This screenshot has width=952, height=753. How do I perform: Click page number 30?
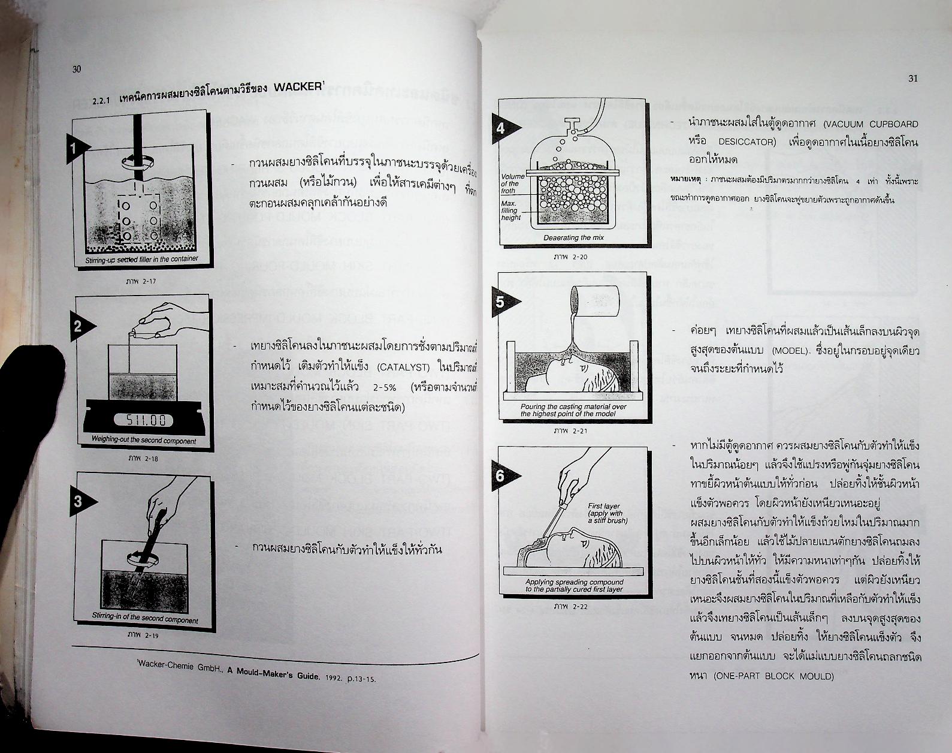pyautogui.click(x=77, y=69)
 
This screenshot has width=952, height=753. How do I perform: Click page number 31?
pyautogui.click(x=913, y=79)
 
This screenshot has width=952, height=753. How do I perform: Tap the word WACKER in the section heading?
pyautogui.click(x=298, y=87)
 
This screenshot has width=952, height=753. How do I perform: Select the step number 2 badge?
pyautogui.click(x=78, y=327)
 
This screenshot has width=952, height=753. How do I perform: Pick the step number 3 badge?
pyautogui.click(x=78, y=501)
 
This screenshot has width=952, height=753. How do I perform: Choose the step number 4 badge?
pyautogui.click(x=501, y=128)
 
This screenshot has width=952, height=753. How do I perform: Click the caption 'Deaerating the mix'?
pyautogui.click(x=573, y=238)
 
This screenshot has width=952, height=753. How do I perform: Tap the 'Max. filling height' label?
pyautogui.click(x=510, y=210)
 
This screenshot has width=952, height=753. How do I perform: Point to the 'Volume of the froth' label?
pyautogui.click(x=512, y=183)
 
